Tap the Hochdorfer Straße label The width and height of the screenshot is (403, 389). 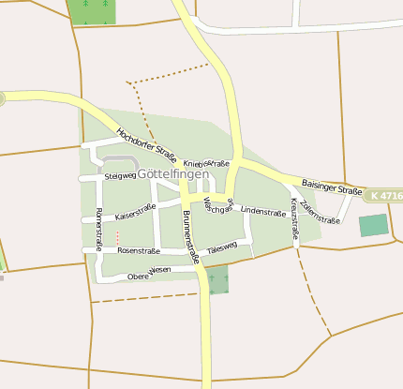point(146,141)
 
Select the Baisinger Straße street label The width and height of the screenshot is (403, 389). point(332,187)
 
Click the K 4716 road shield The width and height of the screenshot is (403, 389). point(383,196)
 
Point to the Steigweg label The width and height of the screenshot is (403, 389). point(121,175)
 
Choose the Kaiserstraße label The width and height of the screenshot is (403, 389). point(135,213)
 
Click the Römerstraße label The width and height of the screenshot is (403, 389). point(97,229)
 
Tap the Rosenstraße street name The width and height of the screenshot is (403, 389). point(139,251)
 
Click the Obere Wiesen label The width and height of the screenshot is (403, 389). point(149,274)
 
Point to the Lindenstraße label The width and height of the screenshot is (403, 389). point(263,212)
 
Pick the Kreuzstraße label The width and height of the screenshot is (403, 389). point(293,218)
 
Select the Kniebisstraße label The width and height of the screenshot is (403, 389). point(206,163)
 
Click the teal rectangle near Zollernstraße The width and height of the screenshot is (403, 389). point(373,225)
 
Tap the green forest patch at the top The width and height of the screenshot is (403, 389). point(91,10)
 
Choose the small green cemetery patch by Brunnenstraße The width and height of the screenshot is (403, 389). point(218,279)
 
